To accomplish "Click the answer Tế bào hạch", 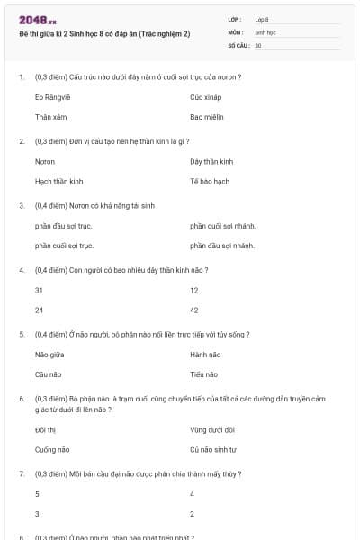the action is (x=210, y=181).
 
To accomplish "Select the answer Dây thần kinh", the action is (x=211, y=161).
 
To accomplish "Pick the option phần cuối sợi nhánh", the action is (x=222, y=225).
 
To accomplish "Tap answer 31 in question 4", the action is (x=39, y=290).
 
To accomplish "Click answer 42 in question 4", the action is (x=194, y=310).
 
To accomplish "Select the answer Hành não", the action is (x=205, y=354).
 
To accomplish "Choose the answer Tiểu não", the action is (x=204, y=374).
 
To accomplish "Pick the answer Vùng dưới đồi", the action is (x=212, y=429).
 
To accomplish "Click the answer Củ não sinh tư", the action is (x=213, y=449).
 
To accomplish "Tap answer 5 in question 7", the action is (x=37, y=494).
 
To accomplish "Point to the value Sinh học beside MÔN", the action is (x=265, y=31).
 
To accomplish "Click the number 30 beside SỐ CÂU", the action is (x=258, y=44).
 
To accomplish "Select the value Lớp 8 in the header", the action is (x=262, y=19).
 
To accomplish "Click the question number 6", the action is (x=22, y=397).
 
